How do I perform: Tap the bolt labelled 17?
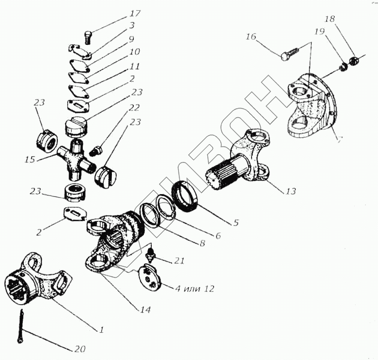click(x=88, y=36)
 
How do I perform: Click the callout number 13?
click(x=290, y=191)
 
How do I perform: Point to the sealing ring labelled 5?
click(x=186, y=195)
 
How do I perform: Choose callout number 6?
click(x=217, y=236)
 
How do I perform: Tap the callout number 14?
click(x=145, y=309)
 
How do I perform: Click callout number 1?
click(x=101, y=330)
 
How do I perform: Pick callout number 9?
click(x=131, y=38)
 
